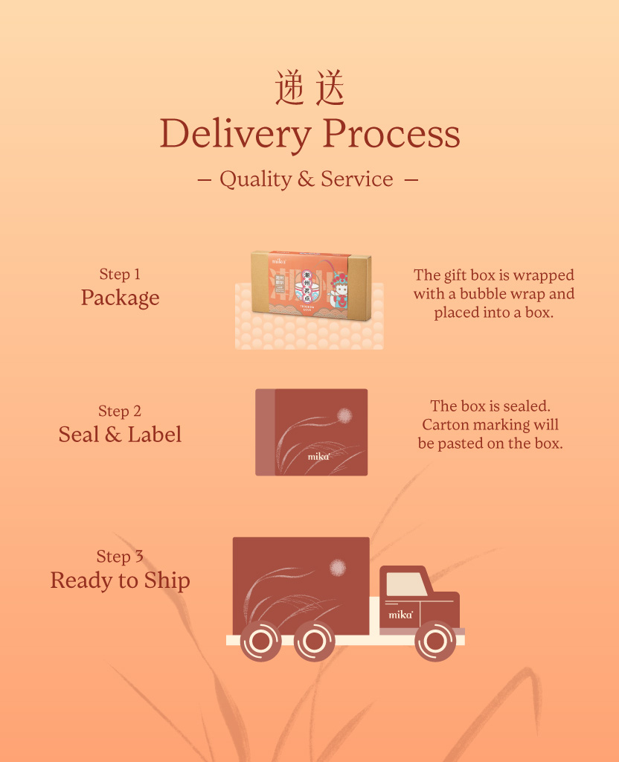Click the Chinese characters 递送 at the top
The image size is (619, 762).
click(309, 89)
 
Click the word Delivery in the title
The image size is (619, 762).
click(234, 134)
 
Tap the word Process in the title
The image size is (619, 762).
click(391, 134)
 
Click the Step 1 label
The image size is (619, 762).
click(120, 275)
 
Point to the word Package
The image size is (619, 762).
click(120, 298)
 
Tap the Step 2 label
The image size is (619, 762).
click(120, 412)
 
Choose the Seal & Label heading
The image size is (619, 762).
click(120, 435)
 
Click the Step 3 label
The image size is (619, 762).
click(120, 557)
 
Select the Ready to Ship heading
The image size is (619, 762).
click(120, 580)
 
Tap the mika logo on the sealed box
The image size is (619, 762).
click(318, 457)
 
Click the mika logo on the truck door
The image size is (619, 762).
click(401, 615)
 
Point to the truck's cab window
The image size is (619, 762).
click(406, 584)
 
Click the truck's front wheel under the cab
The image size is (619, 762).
click(435, 641)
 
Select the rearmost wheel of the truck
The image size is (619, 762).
click(261, 641)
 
